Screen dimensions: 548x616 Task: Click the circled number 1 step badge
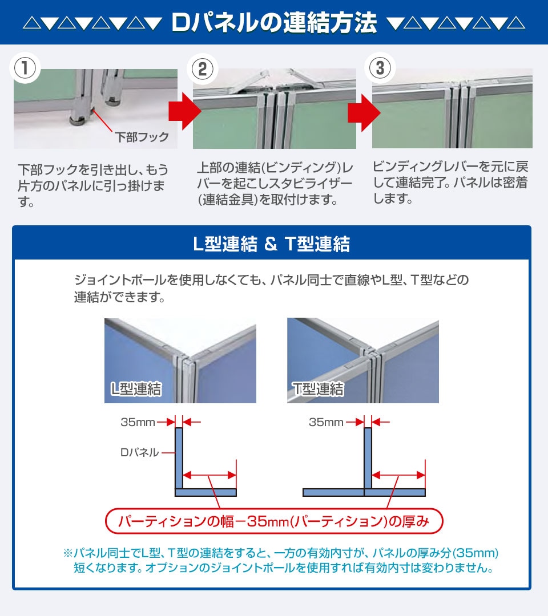pyautogui.click(x=25, y=68)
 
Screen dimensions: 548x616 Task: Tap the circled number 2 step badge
pyautogui.click(x=203, y=68)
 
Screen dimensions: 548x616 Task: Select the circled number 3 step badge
pyautogui.click(x=380, y=67)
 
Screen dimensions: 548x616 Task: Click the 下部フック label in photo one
pyautogui.click(x=142, y=137)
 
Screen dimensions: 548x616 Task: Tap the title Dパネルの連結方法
pyautogui.click(x=274, y=22)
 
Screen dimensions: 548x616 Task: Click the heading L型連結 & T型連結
pyautogui.click(x=272, y=244)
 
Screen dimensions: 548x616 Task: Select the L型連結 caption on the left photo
pyautogui.click(x=136, y=389)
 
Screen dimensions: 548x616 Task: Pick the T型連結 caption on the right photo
pyautogui.click(x=318, y=389)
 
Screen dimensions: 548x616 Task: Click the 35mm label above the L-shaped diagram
pyautogui.click(x=138, y=422)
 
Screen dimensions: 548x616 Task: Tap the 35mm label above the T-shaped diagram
pyautogui.click(x=326, y=422)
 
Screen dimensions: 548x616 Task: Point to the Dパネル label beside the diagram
pyautogui.click(x=139, y=452)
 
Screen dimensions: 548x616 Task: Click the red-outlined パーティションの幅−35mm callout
pyautogui.click(x=274, y=521)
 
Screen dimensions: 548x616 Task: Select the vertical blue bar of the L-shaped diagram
pyautogui.click(x=179, y=458)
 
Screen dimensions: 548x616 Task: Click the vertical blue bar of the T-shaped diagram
pyautogui.click(x=368, y=458)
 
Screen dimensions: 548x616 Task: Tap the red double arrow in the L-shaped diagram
pyautogui.click(x=209, y=475)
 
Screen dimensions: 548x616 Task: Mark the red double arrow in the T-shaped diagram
pyautogui.click(x=398, y=475)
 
